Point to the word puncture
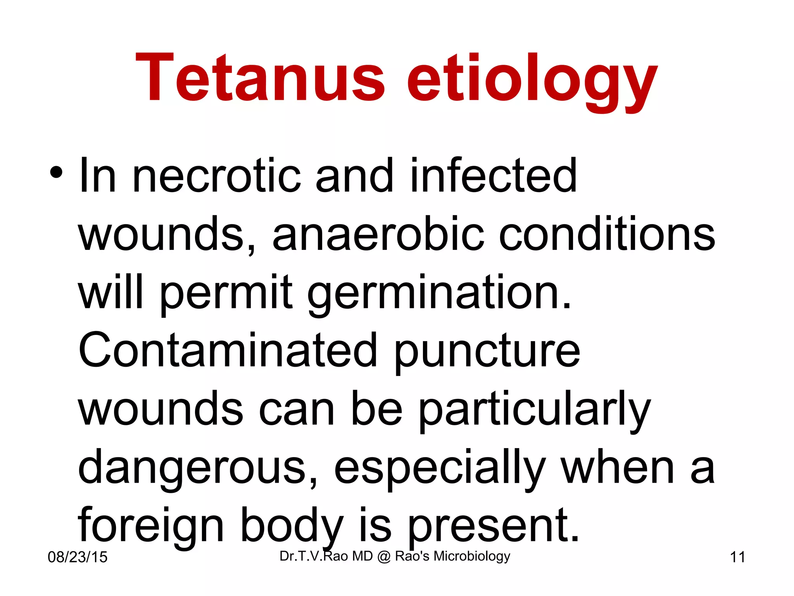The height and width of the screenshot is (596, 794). click(x=487, y=353)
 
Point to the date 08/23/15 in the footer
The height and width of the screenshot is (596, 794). click(x=78, y=557)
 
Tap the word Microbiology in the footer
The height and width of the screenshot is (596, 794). click(x=471, y=556)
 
